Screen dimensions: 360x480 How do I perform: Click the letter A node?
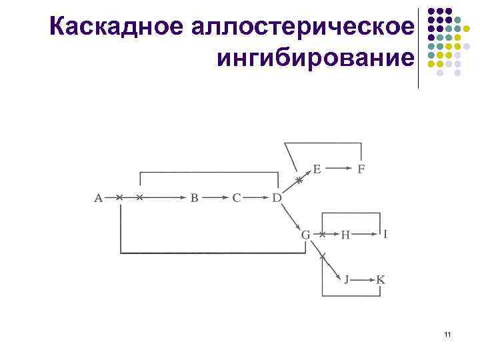tap(98, 197)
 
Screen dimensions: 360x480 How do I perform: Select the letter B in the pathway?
tap(195, 197)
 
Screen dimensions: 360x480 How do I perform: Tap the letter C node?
tap(236, 197)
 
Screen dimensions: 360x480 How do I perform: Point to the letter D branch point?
tap(277, 197)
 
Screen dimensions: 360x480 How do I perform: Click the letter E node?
tap(317, 169)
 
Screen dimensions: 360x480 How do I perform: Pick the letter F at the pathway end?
tap(361, 169)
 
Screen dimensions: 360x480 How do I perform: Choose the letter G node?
tap(305, 235)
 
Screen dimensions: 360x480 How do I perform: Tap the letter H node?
tap(345, 235)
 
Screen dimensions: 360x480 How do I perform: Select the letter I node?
tap(385, 233)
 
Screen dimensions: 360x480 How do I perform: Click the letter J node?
tap(346, 279)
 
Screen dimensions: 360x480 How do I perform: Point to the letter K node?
tap(380, 279)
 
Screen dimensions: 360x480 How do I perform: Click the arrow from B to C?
tap(215, 197)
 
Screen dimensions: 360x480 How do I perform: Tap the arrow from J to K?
tap(363, 279)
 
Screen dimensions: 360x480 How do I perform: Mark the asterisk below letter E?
tap(299, 180)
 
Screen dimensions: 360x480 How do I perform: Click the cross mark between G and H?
tap(322, 235)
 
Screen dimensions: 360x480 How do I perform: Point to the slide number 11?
tap(447, 333)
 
